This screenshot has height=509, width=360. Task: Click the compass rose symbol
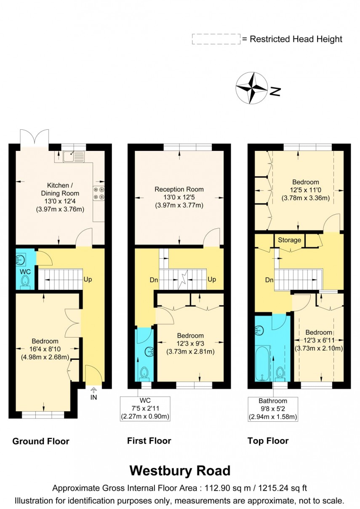coord(251,88)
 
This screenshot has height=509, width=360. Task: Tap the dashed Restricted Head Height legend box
coord(216,39)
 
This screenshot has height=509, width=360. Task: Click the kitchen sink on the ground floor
coord(74,157)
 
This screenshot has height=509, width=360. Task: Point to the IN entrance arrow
coord(93,394)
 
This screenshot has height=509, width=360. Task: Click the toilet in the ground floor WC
coord(26,281)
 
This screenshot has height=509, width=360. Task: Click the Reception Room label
coord(179,189)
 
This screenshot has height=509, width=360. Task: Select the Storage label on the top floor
coord(289,240)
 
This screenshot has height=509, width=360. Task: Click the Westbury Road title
coord(180,470)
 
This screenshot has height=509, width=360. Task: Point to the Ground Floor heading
coord(41,441)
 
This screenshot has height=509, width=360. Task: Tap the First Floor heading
coord(149,441)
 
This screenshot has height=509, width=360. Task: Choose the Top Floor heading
coord(268,441)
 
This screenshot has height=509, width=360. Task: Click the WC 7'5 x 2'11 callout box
coord(145,408)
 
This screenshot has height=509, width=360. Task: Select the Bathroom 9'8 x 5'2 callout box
coord(273,409)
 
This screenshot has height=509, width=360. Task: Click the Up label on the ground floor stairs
coord(88,279)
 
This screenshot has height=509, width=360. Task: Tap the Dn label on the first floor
coord(142,279)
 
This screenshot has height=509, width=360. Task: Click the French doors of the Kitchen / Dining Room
coord(35,137)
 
